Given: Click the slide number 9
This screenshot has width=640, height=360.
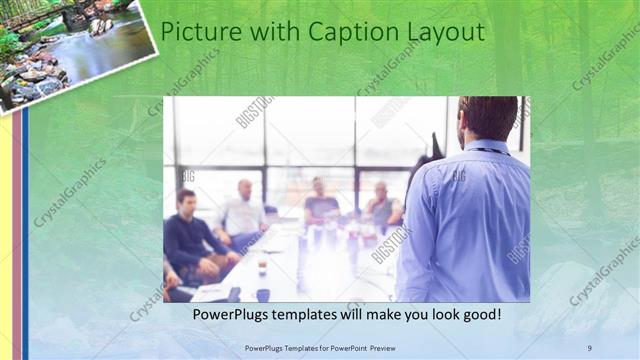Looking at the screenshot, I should [590, 347].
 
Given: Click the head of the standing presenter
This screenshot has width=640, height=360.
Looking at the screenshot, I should [487, 118].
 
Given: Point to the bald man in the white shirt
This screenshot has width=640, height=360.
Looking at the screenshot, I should [243, 210].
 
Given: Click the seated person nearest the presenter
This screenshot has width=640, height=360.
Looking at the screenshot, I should [382, 207].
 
